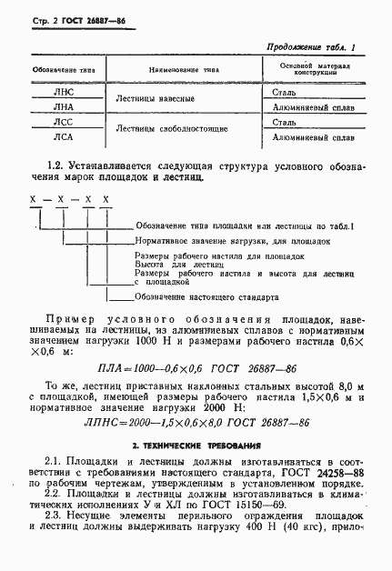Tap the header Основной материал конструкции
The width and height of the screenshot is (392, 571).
(x=313, y=70)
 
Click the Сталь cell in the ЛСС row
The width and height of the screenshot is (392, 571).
(x=284, y=122)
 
